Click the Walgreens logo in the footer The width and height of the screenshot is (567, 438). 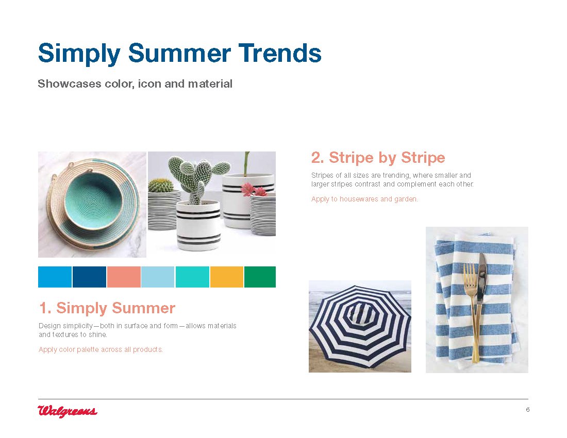68,411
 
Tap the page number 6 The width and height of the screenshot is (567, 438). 528,410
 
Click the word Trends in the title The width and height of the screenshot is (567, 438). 279,53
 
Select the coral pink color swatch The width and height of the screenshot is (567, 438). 124,277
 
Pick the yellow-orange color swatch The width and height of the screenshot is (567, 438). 227,277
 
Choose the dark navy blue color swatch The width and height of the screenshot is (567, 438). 89,277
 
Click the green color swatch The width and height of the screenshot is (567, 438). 260,277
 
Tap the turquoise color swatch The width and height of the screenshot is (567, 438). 192,277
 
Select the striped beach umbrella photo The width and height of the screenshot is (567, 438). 360,326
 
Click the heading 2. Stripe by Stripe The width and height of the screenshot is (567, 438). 378,158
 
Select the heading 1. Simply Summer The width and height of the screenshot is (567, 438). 107,308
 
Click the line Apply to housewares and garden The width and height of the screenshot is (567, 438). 364,199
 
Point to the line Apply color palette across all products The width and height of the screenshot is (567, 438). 101,349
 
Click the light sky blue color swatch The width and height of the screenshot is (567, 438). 158,277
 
